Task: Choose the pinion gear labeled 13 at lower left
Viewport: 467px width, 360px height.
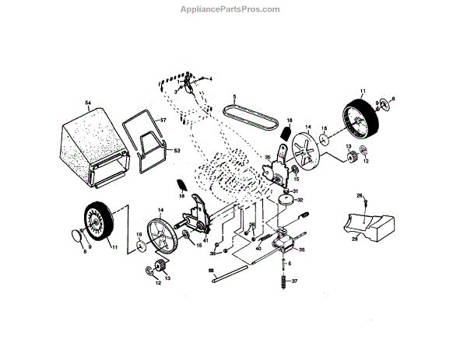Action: tap(162, 267)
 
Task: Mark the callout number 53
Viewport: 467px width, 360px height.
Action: tap(176, 150)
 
